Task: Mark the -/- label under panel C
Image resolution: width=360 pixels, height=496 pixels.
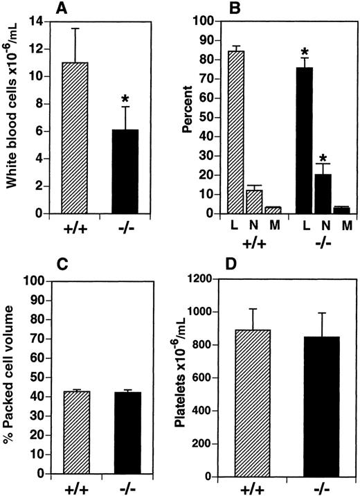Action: [x=126, y=488]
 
